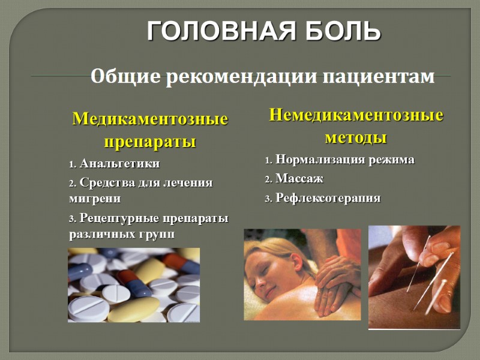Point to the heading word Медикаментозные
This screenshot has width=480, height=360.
(x=150, y=119)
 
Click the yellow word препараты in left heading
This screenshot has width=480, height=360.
(x=150, y=143)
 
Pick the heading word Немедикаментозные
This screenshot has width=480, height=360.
(x=356, y=115)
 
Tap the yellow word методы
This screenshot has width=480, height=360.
(x=356, y=138)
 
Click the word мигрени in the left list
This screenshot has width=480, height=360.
(x=95, y=197)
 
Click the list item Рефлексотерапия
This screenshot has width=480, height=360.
(x=328, y=198)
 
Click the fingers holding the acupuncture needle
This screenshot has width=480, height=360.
(x=435, y=246)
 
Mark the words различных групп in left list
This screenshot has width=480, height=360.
(x=122, y=234)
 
